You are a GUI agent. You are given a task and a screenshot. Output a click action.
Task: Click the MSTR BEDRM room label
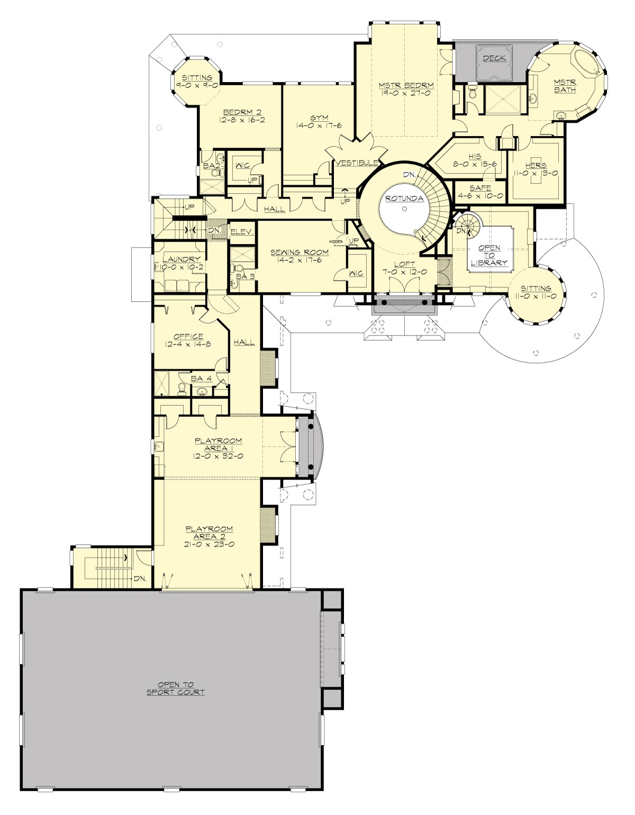[x=406, y=85]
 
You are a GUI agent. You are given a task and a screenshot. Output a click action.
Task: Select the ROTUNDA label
[x=404, y=198]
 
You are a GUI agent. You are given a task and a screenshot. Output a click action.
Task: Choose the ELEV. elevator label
[x=243, y=232]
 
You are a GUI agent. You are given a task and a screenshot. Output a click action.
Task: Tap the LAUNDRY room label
[x=182, y=259]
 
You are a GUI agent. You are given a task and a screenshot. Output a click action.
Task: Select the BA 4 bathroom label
[x=198, y=378]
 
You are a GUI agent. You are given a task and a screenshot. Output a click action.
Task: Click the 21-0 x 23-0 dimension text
[x=210, y=544]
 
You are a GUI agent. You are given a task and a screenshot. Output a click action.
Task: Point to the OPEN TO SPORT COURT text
[x=175, y=688]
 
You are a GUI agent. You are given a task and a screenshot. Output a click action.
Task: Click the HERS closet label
[x=536, y=165]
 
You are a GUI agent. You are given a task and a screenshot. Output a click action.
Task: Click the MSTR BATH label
[x=565, y=86]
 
